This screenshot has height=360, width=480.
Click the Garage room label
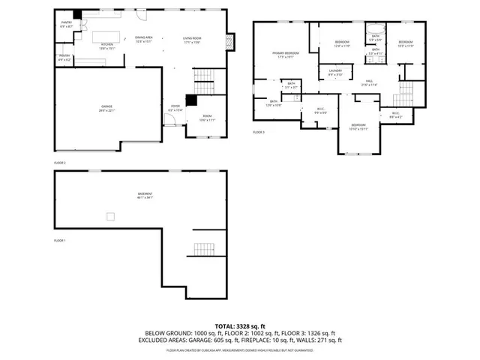pos(107,108)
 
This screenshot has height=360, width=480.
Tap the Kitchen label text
pos(106,44)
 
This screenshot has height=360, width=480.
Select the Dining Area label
pos(144,39)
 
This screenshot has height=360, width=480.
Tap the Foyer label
pos(175,108)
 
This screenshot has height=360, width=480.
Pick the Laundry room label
pos(335,72)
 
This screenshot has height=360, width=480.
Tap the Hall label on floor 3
pos(370,82)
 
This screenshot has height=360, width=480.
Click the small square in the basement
pos(111,217)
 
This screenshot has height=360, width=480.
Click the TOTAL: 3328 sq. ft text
pos(239,326)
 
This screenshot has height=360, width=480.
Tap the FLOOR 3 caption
pos(258,132)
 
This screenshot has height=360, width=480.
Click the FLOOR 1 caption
pos(60,241)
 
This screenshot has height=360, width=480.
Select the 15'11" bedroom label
pos(358,127)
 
